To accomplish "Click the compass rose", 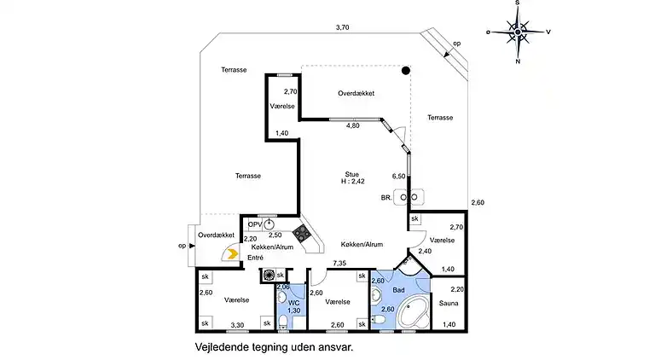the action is click(518, 32).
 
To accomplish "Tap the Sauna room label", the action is click(449, 303).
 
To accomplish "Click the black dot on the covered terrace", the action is click(406, 71).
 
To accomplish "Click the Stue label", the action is click(351, 174).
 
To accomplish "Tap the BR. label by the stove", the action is click(386, 198).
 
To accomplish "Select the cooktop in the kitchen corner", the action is click(302, 234).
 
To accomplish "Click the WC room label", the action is click(294, 303).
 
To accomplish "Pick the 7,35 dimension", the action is click(339, 263).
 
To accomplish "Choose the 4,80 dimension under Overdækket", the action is click(352, 125).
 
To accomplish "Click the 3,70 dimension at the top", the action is click(342, 27).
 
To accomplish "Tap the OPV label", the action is click(255, 224).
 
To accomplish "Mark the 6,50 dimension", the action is click(398, 177).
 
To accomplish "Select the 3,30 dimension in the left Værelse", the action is click(237, 325).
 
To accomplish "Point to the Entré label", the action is click(255, 258).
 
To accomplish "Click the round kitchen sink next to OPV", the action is click(270, 224).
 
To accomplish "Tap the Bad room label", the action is click(398, 290).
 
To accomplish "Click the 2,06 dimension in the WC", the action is click(283, 287).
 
